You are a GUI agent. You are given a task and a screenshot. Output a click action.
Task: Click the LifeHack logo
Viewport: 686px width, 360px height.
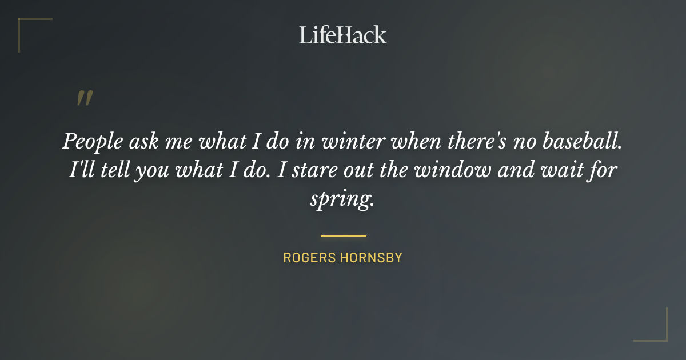[x=343, y=35]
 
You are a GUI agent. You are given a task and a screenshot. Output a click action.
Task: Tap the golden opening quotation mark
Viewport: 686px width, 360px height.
[x=84, y=99]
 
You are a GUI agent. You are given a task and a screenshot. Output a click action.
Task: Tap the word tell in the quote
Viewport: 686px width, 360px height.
[x=114, y=170]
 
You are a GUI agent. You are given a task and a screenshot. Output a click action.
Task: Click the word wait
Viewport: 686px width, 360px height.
[x=563, y=170]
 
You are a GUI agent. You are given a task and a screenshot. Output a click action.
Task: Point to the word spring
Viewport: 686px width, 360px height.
[x=341, y=200]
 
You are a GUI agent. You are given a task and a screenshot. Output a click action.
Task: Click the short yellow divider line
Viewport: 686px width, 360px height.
[x=343, y=235]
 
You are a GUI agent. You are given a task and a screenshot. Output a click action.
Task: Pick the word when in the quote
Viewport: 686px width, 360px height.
[x=412, y=141]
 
